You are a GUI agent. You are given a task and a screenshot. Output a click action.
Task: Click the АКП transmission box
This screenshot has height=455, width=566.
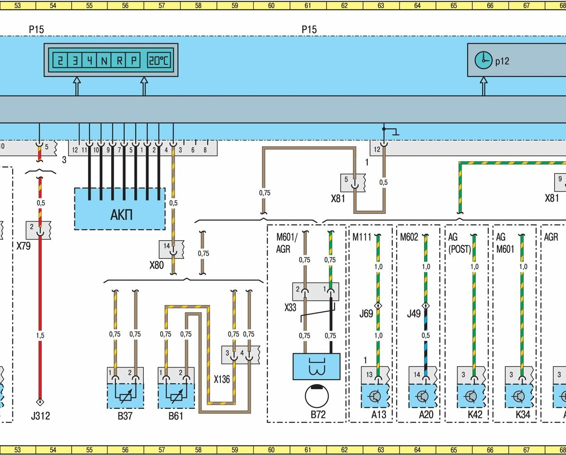120,214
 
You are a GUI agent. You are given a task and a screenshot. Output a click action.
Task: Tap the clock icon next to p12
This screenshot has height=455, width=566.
483,60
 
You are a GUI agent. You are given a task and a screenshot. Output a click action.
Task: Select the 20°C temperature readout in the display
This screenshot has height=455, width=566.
159,60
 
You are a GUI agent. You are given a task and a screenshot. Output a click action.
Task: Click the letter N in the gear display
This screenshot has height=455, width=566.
104,60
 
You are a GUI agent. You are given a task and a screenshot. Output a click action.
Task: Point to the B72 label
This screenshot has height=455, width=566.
318,415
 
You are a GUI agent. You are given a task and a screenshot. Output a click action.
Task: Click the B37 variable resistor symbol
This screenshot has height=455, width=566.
126,396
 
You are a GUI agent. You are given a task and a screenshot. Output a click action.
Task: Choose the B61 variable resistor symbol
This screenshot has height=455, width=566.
176,396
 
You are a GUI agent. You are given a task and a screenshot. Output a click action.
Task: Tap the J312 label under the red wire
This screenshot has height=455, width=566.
40,416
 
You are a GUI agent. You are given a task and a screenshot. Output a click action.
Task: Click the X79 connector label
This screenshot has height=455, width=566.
24,247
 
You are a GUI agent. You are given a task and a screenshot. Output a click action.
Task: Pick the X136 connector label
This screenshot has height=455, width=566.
222,379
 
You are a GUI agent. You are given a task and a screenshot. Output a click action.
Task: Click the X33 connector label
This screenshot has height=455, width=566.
290,308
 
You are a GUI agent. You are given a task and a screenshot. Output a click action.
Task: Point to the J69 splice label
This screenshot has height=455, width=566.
366,313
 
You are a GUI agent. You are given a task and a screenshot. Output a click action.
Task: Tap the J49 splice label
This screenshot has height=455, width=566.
414,313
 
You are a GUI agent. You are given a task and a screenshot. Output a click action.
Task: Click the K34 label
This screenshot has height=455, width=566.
523,415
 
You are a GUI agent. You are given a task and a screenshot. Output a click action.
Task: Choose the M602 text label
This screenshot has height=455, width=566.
409,237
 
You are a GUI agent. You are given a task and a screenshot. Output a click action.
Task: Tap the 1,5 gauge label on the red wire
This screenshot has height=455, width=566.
40,335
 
